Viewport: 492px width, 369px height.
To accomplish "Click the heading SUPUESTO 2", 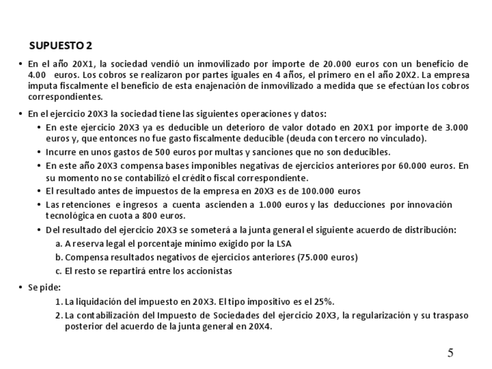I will pos(60,46).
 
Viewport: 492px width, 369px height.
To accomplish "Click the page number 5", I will pos(450,353).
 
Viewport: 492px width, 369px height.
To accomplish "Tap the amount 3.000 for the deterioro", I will pos(457,127).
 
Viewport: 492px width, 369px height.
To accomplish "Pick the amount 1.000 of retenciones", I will pos(272,204).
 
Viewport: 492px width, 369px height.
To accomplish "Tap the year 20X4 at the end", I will pos(261,326).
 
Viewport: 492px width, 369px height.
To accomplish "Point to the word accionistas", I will pos(207,271).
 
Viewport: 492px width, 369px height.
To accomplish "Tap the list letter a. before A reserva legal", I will pos(59,244).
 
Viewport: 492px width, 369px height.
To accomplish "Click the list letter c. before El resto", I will pos(59,271).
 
